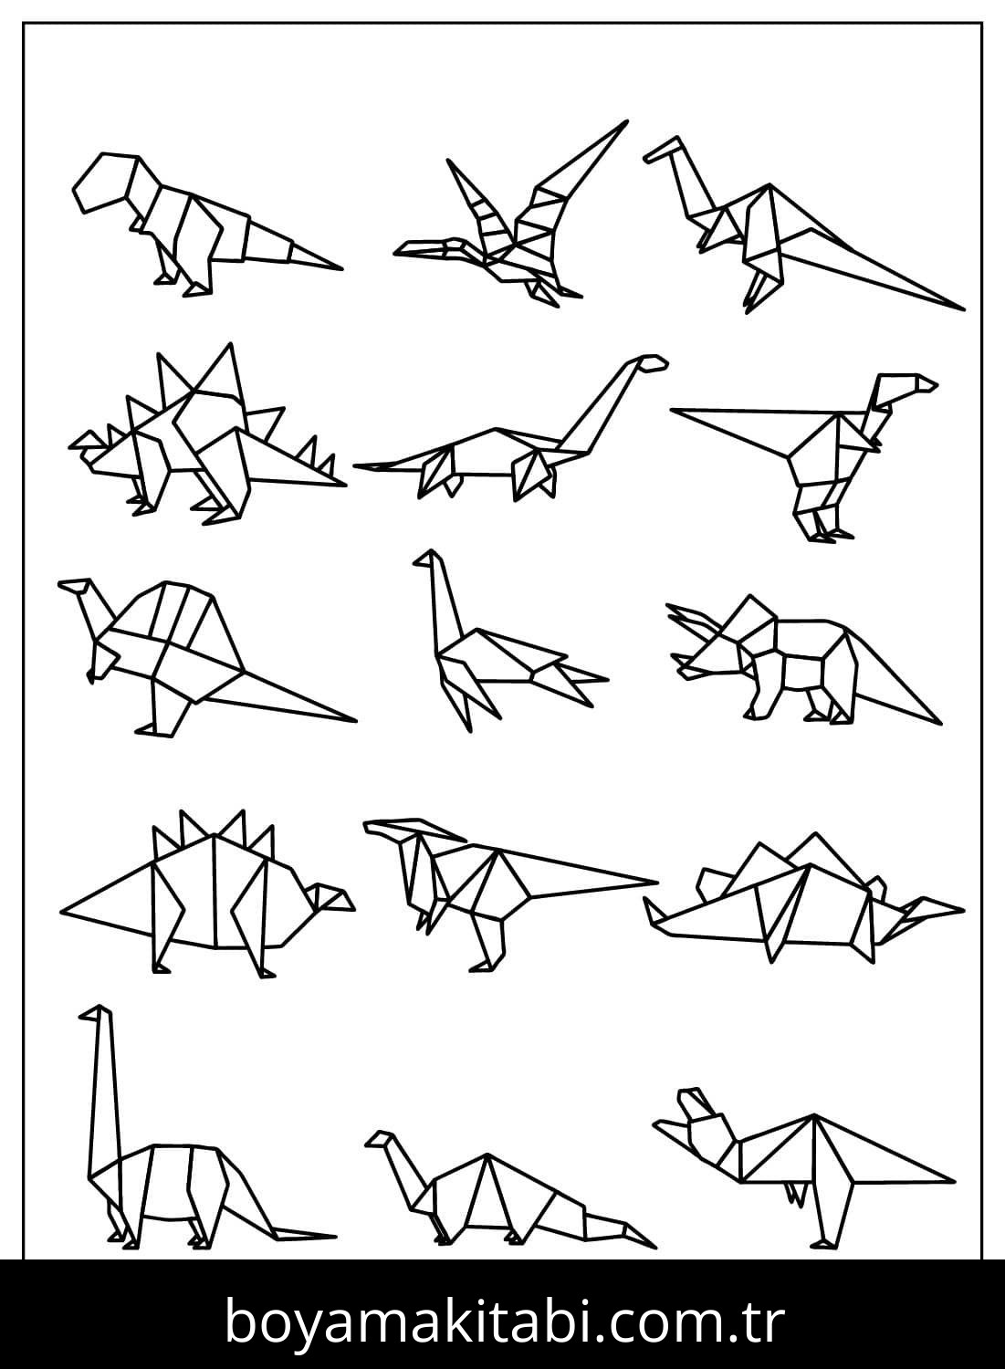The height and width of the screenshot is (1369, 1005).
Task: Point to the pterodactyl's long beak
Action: (424, 246)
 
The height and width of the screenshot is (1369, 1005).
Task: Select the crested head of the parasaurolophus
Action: (402, 831)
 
